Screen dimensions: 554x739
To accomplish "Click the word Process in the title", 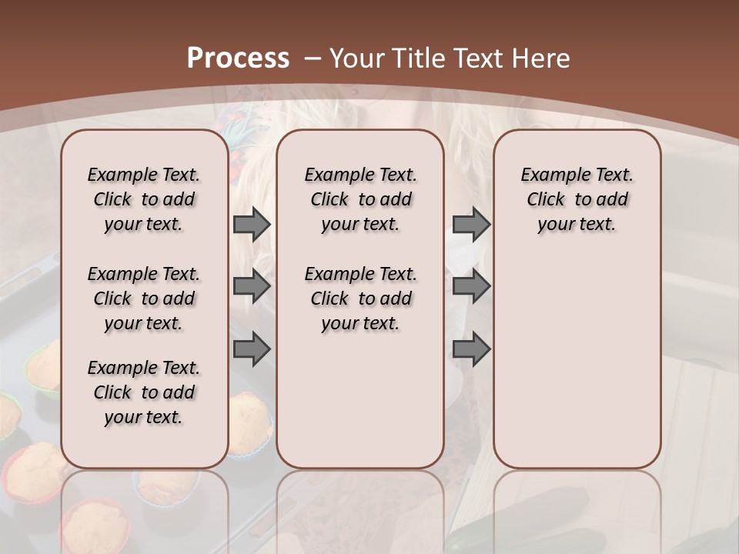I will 239,58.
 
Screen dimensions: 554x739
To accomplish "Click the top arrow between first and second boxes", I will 252,225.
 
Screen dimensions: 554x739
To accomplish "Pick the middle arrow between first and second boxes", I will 252,286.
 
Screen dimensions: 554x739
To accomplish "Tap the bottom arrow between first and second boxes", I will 252,349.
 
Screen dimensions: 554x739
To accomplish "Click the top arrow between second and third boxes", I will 471,225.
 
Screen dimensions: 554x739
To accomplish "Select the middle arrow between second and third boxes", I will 471,286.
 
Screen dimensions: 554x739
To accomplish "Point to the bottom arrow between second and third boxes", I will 471,349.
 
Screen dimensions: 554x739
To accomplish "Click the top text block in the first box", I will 144,199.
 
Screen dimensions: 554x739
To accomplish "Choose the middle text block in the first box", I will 144,299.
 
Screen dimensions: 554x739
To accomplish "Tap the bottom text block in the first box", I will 144,392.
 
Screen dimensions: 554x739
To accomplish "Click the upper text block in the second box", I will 360,199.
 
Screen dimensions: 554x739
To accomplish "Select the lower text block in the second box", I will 360,299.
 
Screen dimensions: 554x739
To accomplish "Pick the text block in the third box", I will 577,199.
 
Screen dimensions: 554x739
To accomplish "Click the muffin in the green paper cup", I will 42,365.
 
